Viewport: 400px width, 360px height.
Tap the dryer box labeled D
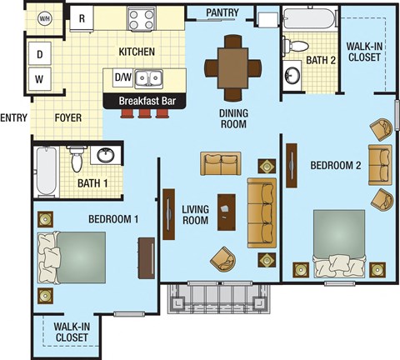(39, 56)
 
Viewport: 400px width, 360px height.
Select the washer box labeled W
(39, 81)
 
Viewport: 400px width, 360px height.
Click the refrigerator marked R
(84, 17)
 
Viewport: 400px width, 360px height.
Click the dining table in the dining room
(232, 62)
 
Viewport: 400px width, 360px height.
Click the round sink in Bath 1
(105, 157)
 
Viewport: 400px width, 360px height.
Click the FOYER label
(68, 117)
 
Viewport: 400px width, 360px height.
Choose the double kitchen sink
(151, 78)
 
